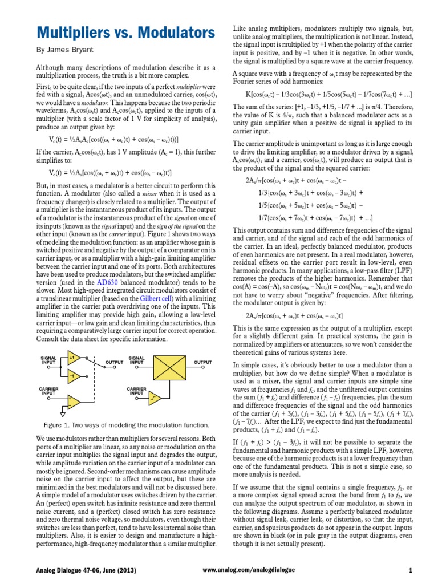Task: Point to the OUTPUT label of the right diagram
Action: coord(203,362)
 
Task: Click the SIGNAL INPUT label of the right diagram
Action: coord(137,360)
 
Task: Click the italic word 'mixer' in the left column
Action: coord(150,194)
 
